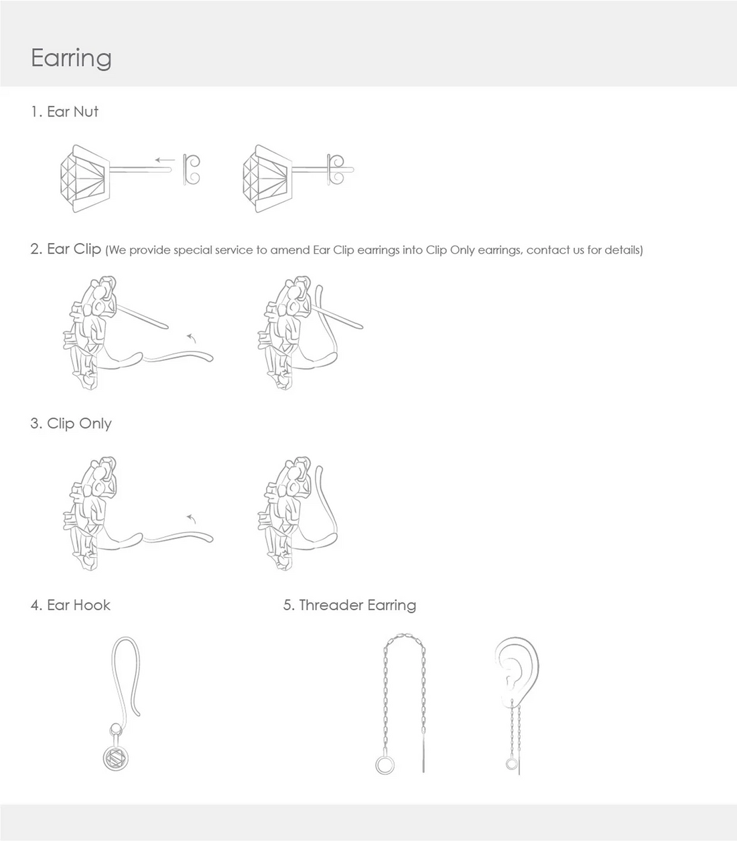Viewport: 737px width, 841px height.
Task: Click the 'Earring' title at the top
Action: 71,58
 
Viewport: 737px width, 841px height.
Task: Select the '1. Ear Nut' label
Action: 64,111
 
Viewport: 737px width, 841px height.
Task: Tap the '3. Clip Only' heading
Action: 71,423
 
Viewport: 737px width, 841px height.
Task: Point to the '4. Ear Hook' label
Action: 70,605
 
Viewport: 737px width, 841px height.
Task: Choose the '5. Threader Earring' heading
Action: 350,605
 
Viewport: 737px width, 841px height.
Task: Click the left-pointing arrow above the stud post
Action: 165,160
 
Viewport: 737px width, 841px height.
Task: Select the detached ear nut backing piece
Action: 192,169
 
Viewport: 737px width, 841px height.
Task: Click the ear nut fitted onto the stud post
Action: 336,169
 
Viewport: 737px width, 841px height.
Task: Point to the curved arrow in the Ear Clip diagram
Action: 192,338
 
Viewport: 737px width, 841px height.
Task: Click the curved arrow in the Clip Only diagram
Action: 192,519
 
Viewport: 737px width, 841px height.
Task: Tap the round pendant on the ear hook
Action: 115,759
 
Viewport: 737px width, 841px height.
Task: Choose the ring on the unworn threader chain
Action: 385,765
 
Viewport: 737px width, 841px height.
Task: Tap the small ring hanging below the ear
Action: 512,764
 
